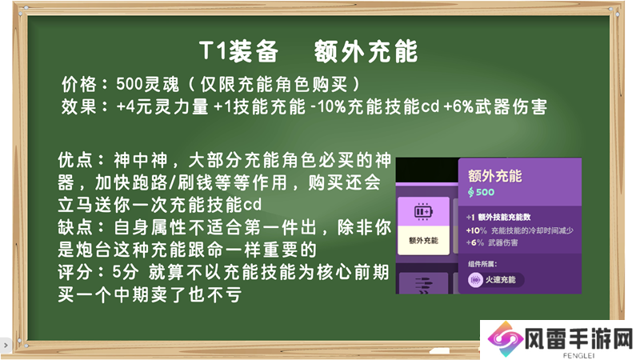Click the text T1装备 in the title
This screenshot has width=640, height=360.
coord(238,51)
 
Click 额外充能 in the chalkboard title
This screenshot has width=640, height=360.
coord(366,51)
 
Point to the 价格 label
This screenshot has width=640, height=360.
coord(79,85)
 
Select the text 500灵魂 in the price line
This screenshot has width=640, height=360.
coord(147,85)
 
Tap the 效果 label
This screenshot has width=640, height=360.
coord(79,107)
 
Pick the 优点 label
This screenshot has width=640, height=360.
coord(75,160)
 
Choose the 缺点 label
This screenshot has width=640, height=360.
coord(75,227)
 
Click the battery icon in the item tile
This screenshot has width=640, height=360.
coord(423,211)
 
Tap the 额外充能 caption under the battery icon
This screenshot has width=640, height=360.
coord(423,241)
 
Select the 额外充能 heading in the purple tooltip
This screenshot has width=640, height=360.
coord(494,176)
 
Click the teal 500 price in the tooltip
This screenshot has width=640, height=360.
coord(482,192)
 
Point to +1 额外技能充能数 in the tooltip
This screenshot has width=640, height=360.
coord(498,217)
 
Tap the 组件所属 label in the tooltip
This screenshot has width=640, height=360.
coord(482,264)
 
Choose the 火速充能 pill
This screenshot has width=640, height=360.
coord(495,280)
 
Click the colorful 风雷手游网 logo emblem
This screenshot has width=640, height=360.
coord(506,339)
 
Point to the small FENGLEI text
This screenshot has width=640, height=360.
coord(578,355)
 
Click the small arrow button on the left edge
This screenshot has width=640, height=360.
coord(6,346)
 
